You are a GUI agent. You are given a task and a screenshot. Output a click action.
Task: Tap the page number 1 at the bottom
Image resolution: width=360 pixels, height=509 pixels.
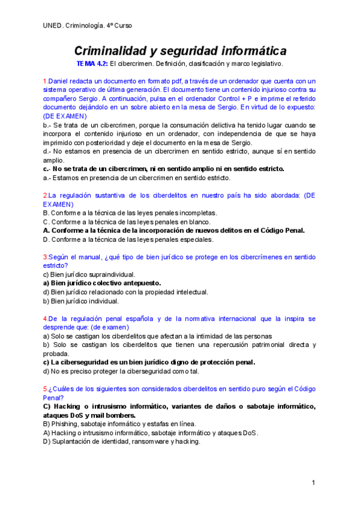pyautogui.click(x=313, y=483)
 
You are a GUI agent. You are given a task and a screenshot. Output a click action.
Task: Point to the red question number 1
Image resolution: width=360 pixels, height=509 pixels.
pyautogui.click(x=45, y=81)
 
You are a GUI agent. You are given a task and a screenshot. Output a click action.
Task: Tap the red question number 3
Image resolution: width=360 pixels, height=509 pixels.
pyautogui.click(x=45, y=256)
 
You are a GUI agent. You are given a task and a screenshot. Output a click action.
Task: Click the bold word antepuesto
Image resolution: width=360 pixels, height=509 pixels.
pyautogui.click(x=138, y=283)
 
